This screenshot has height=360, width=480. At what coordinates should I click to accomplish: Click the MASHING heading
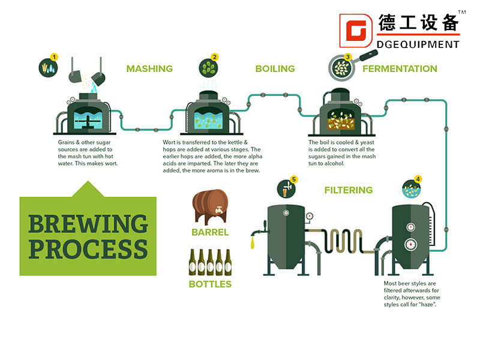pos(149,68)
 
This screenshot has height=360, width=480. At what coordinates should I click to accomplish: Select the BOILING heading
pos(275,68)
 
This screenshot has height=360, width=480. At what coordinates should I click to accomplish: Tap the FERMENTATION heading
pos(400,68)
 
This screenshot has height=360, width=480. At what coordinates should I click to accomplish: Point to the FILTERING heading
pos(348,190)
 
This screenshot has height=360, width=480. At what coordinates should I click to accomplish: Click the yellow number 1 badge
pos(55,57)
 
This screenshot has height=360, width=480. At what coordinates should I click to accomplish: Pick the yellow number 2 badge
pos(215,57)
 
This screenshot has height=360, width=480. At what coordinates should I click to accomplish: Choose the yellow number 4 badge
pos(418,179)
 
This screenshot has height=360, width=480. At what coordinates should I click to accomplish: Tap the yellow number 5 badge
pos(293,179)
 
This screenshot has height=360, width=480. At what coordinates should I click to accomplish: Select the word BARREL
pos(210,232)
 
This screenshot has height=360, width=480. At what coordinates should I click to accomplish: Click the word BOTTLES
pos(210,283)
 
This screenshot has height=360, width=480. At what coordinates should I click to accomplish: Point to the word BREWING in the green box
pos(88,224)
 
